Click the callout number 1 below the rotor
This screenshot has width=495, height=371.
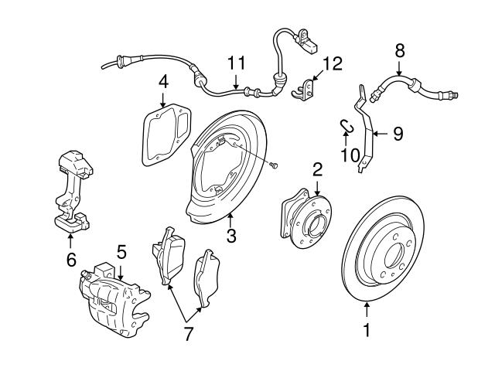coord(367,332)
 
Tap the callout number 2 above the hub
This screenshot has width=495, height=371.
coord(317,168)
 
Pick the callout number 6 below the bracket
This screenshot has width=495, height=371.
coord(70,260)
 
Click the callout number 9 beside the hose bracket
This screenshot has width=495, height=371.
coord(398,134)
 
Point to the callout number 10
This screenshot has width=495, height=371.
coord(349,155)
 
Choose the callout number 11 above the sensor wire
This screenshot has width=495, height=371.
coord(235,61)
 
